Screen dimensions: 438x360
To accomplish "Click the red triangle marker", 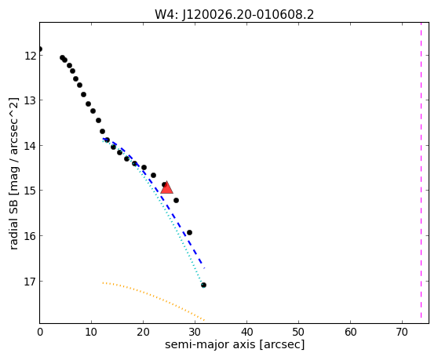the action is (166, 187).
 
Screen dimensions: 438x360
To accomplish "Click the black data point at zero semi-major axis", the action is (40, 49).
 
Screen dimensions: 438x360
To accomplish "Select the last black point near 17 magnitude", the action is (203, 285).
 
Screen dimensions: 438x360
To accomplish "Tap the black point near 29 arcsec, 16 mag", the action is (189, 232).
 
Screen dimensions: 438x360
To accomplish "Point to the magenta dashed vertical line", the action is (421, 170).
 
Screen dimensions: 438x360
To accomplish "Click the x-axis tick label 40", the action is (246, 332).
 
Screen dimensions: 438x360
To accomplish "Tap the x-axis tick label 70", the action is (402, 332).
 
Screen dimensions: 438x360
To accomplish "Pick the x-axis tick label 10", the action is (91, 332).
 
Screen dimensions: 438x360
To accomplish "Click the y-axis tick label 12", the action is (30, 56).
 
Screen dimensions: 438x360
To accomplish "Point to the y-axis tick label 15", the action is (30, 191).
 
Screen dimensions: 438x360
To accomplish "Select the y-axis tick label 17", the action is (30, 282).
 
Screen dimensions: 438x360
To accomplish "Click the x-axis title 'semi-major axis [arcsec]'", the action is (235, 344).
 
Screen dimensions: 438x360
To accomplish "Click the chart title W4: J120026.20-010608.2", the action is (235, 15).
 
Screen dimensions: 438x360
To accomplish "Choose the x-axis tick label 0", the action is (40, 332).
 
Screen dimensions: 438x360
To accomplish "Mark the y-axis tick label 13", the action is (30, 100).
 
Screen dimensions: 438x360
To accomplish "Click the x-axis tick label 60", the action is (350, 332).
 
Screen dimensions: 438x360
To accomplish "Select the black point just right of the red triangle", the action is (176, 200).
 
